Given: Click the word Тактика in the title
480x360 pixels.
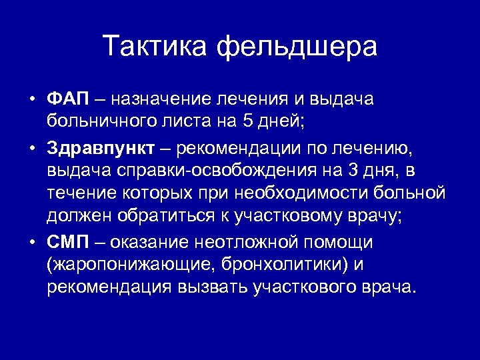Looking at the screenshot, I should (x=155, y=46).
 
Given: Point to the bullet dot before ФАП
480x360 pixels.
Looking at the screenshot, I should (x=31, y=100).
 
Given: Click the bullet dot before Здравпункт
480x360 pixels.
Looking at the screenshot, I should (x=31, y=147).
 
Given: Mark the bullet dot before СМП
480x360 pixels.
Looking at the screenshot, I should (x=31, y=242).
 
